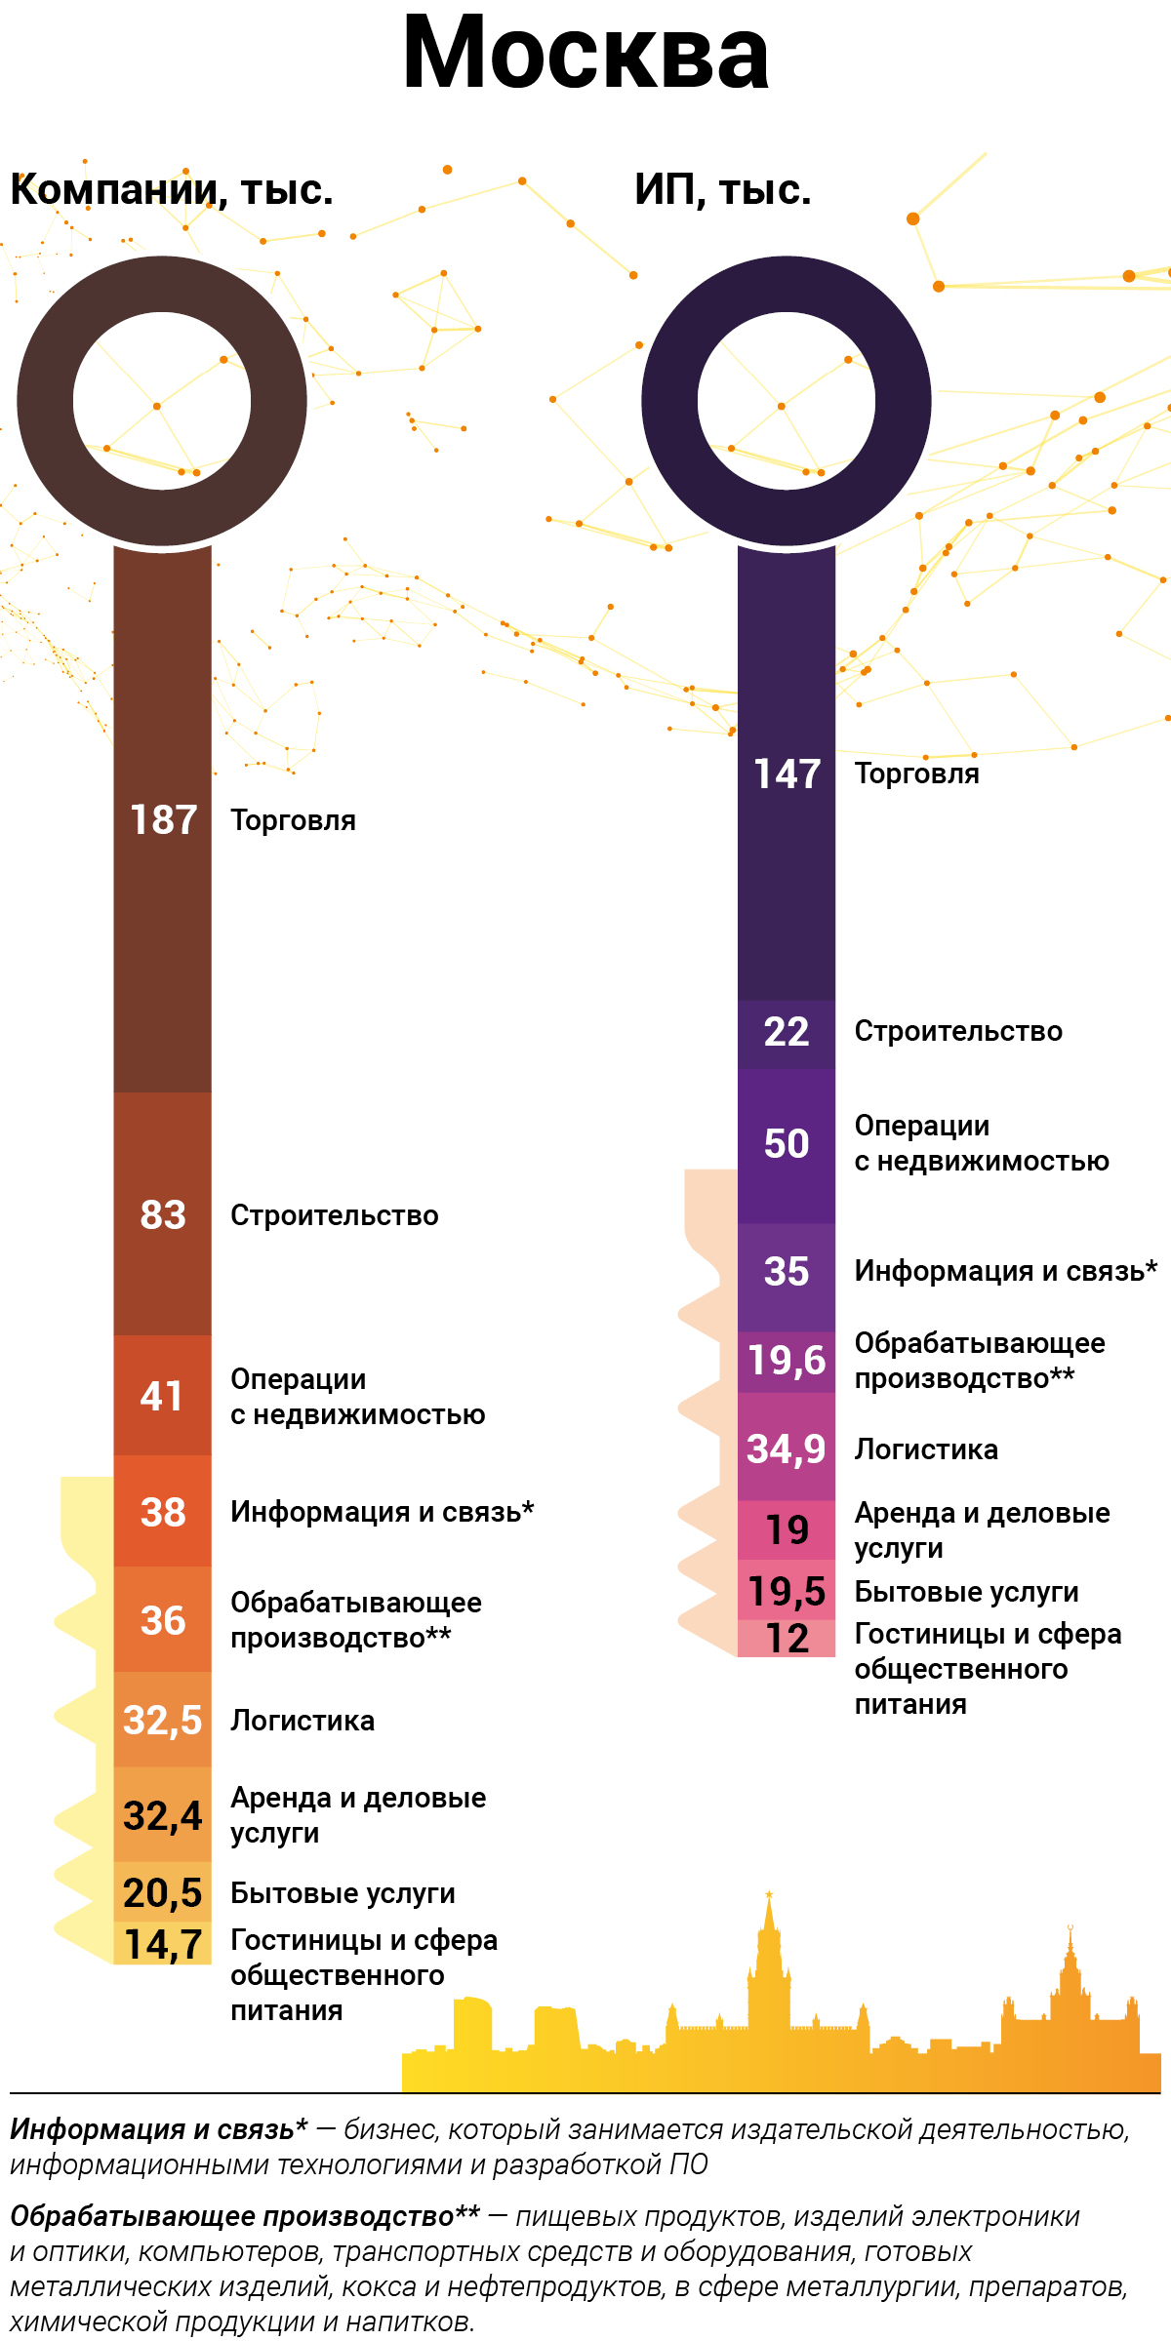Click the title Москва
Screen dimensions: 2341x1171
(x=585, y=56)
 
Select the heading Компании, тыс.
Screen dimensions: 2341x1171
(x=172, y=190)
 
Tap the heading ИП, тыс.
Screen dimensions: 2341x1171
(x=722, y=190)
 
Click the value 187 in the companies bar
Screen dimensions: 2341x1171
(x=163, y=820)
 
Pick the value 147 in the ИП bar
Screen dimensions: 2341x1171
(x=787, y=774)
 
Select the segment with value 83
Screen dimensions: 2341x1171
(x=163, y=1215)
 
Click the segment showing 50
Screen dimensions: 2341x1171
(x=787, y=1143)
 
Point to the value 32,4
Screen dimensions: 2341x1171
(x=163, y=1816)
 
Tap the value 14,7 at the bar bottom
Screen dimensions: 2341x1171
(x=163, y=1944)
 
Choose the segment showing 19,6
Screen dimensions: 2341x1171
(x=787, y=1360)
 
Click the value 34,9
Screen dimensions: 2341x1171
(x=787, y=1449)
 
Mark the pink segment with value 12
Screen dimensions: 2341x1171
(x=787, y=1638)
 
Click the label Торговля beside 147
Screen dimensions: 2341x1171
(x=916, y=774)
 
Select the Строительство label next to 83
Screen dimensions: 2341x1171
(x=334, y=1215)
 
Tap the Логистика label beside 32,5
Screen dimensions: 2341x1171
(x=303, y=1721)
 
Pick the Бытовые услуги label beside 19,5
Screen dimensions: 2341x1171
(x=966, y=1592)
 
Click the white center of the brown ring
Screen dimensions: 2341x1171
(x=162, y=401)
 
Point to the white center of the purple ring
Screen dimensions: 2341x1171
(x=787, y=401)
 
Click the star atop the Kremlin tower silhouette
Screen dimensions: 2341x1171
(x=769, y=1895)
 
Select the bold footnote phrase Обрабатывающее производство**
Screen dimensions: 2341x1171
(x=245, y=2216)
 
